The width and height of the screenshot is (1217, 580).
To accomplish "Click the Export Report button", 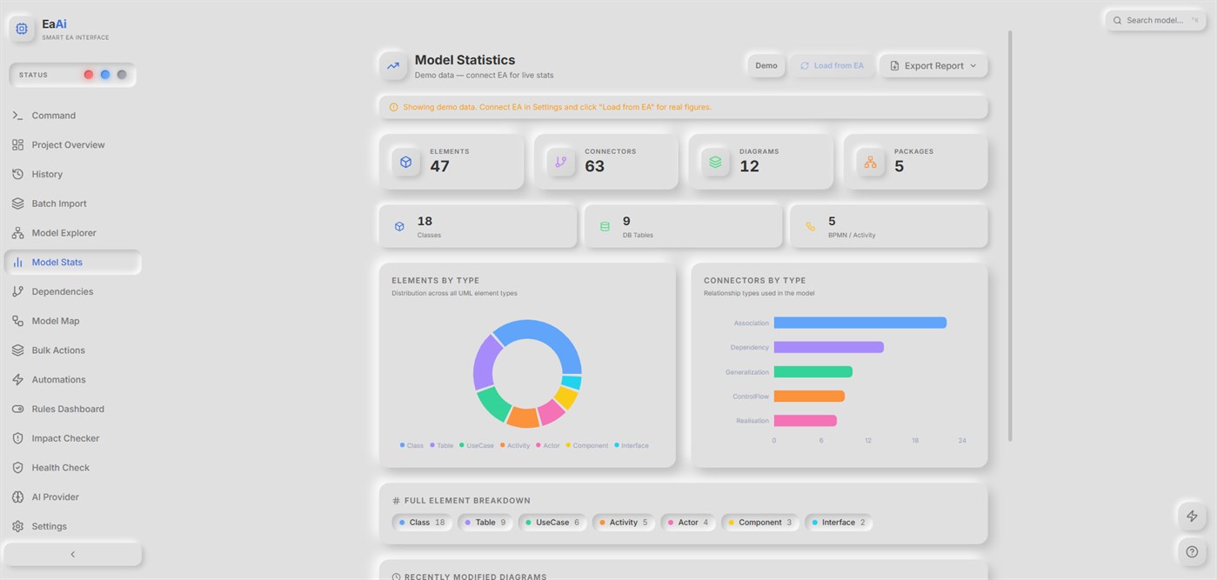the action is pyautogui.click(x=933, y=66).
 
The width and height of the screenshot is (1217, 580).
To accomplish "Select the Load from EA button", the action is pyautogui.click(x=832, y=66).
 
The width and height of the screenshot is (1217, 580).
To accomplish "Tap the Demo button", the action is pyautogui.click(x=766, y=66).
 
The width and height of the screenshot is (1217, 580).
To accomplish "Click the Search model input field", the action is pyautogui.click(x=1155, y=20).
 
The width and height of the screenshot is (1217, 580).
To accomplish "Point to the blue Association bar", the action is pyautogui.click(x=860, y=323).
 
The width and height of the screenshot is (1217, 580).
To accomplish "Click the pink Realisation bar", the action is pyautogui.click(x=806, y=420).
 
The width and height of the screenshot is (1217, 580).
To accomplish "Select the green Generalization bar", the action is pyautogui.click(x=812, y=371).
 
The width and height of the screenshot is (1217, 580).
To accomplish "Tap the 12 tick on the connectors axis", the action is pyautogui.click(x=868, y=440).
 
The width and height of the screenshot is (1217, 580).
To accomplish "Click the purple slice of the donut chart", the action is pyautogui.click(x=484, y=361).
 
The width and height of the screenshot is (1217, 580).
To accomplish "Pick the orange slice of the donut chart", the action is pyautogui.click(x=523, y=417).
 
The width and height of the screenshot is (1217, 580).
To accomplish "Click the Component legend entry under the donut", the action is pyautogui.click(x=587, y=445).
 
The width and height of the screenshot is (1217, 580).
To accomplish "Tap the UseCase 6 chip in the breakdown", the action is pyautogui.click(x=552, y=523).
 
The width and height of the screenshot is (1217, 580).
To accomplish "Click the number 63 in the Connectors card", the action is pyautogui.click(x=594, y=166).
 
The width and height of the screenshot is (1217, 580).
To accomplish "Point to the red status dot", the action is pyautogui.click(x=89, y=75).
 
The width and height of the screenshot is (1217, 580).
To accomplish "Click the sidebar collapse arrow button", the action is pyautogui.click(x=73, y=555).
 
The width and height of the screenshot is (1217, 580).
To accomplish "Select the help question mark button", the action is pyautogui.click(x=1192, y=552).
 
